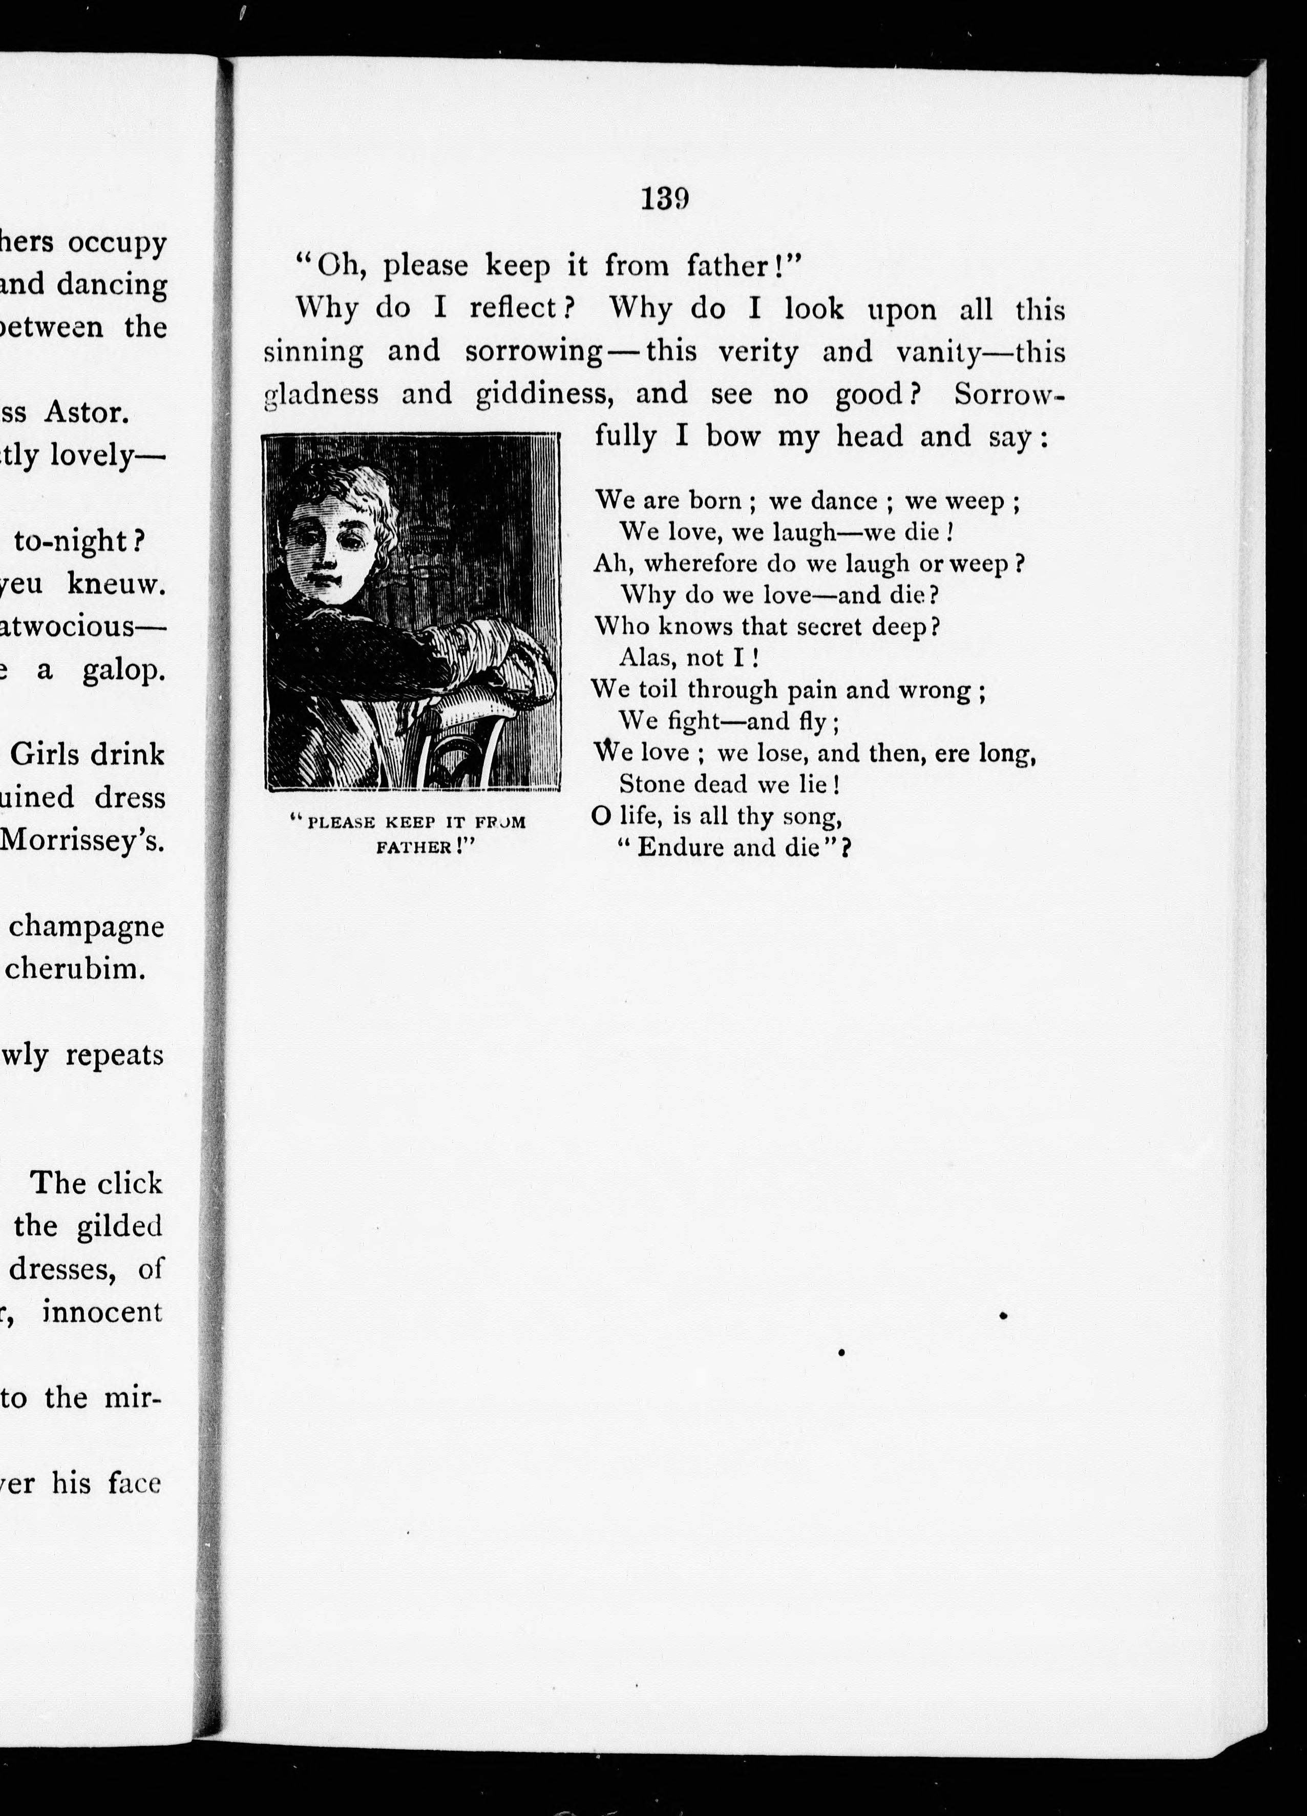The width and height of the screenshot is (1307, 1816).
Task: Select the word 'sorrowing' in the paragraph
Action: pyautogui.click(x=534, y=352)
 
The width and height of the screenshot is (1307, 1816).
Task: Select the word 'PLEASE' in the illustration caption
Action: pyautogui.click(x=343, y=823)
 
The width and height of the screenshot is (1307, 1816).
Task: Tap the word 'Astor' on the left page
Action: pyautogui.click(x=85, y=413)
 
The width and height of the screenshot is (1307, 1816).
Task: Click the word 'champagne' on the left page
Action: pyautogui.click(x=87, y=926)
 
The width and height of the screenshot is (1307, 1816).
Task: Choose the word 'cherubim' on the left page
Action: pyautogui.click(x=75, y=969)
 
